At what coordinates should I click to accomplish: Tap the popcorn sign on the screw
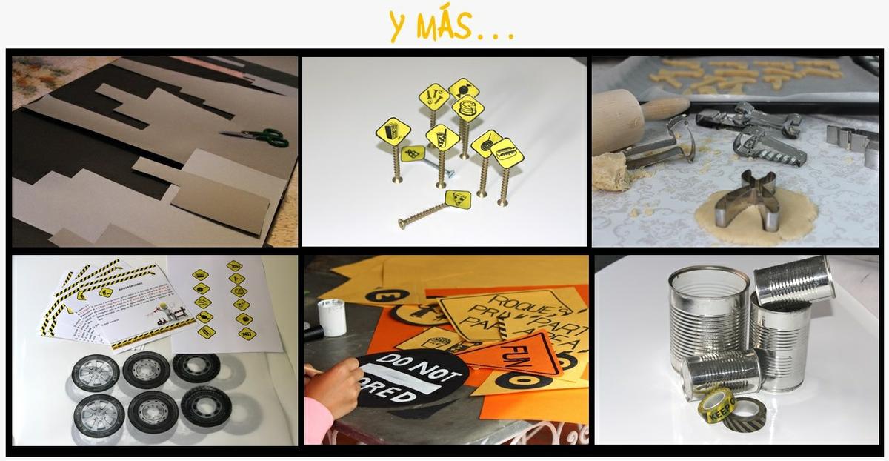pos(392,131)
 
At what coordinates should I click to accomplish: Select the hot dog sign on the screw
pos(507,153)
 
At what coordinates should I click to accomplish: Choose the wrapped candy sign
pos(464,89)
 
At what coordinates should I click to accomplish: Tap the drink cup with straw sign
pos(442,137)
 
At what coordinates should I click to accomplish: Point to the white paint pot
pos(331,316)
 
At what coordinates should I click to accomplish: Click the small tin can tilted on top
pos(793,280)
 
